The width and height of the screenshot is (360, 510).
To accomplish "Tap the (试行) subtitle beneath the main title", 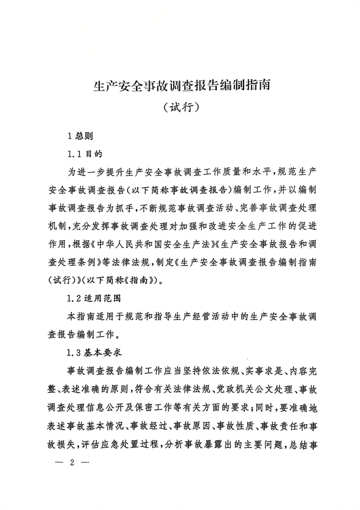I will tap(182, 108).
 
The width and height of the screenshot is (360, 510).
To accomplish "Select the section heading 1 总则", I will tap(80, 136).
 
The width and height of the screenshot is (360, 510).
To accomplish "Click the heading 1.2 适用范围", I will tap(94, 298).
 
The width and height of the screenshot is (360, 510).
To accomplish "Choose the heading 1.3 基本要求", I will tap(94, 353).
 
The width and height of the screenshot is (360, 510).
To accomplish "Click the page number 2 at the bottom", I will tap(71, 463).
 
